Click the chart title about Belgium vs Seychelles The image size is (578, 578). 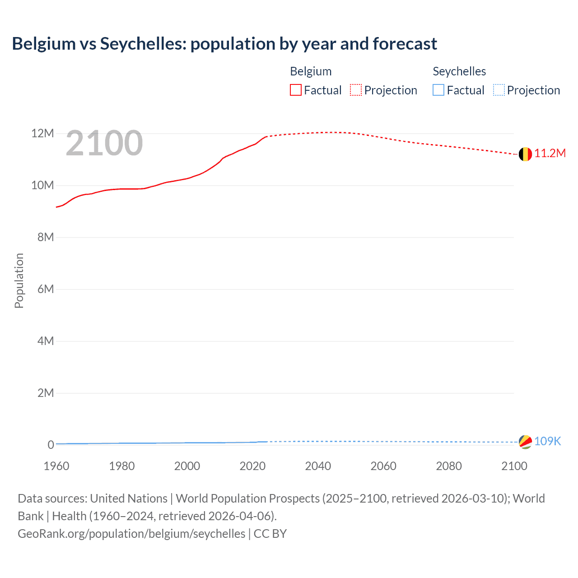[x=224, y=44]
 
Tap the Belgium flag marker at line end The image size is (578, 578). [x=525, y=154]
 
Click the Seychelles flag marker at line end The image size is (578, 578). [x=525, y=442]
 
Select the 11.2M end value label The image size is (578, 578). [x=550, y=154]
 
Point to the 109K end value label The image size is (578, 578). [x=547, y=441]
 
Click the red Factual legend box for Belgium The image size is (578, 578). [x=296, y=90]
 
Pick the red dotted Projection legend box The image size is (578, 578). [x=356, y=90]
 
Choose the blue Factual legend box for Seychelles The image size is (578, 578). [x=438, y=90]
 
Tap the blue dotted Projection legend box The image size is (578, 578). [x=499, y=90]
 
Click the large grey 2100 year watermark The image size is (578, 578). [x=104, y=143]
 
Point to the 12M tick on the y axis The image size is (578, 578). [x=42, y=134]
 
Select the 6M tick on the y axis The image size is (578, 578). [x=46, y=289]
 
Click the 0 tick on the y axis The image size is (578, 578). [x=51, y=445]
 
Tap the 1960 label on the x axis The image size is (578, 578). [x=56, y=466]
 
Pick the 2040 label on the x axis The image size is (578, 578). [x=318, y=466]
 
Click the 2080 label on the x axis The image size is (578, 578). [x=449, y=466]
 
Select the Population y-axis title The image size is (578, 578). [x=19, y=280]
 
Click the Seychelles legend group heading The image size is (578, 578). [x=459, y=71]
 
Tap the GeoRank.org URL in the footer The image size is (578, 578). [x=131, y=534]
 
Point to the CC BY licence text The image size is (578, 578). [x=270, y=534]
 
